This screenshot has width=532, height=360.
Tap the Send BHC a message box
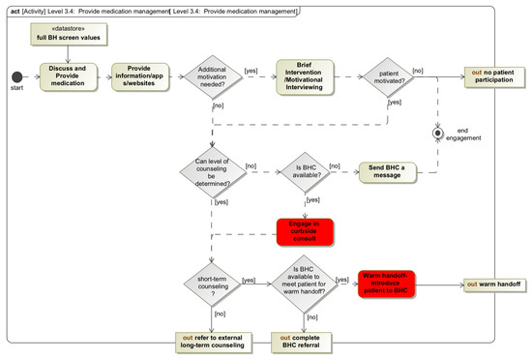386,172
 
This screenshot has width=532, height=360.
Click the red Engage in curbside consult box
305,230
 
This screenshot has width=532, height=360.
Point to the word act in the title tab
15,10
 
